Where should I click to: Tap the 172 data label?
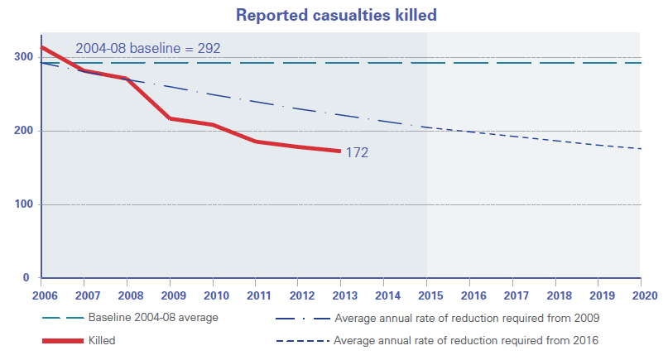(x=357, y=152)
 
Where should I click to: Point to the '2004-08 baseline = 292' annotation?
(x=147, y=48)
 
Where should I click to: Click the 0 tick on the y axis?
(x=26, y=277)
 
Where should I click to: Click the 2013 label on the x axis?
(x=341, y=294)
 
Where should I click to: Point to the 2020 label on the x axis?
(x=640, y=294)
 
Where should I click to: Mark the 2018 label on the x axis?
(x=555, y=294)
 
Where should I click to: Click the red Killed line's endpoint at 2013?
(x=340, y=151)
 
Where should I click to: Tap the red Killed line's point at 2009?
(x=170, y=118)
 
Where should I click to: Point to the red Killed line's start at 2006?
(x=42, y=48)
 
